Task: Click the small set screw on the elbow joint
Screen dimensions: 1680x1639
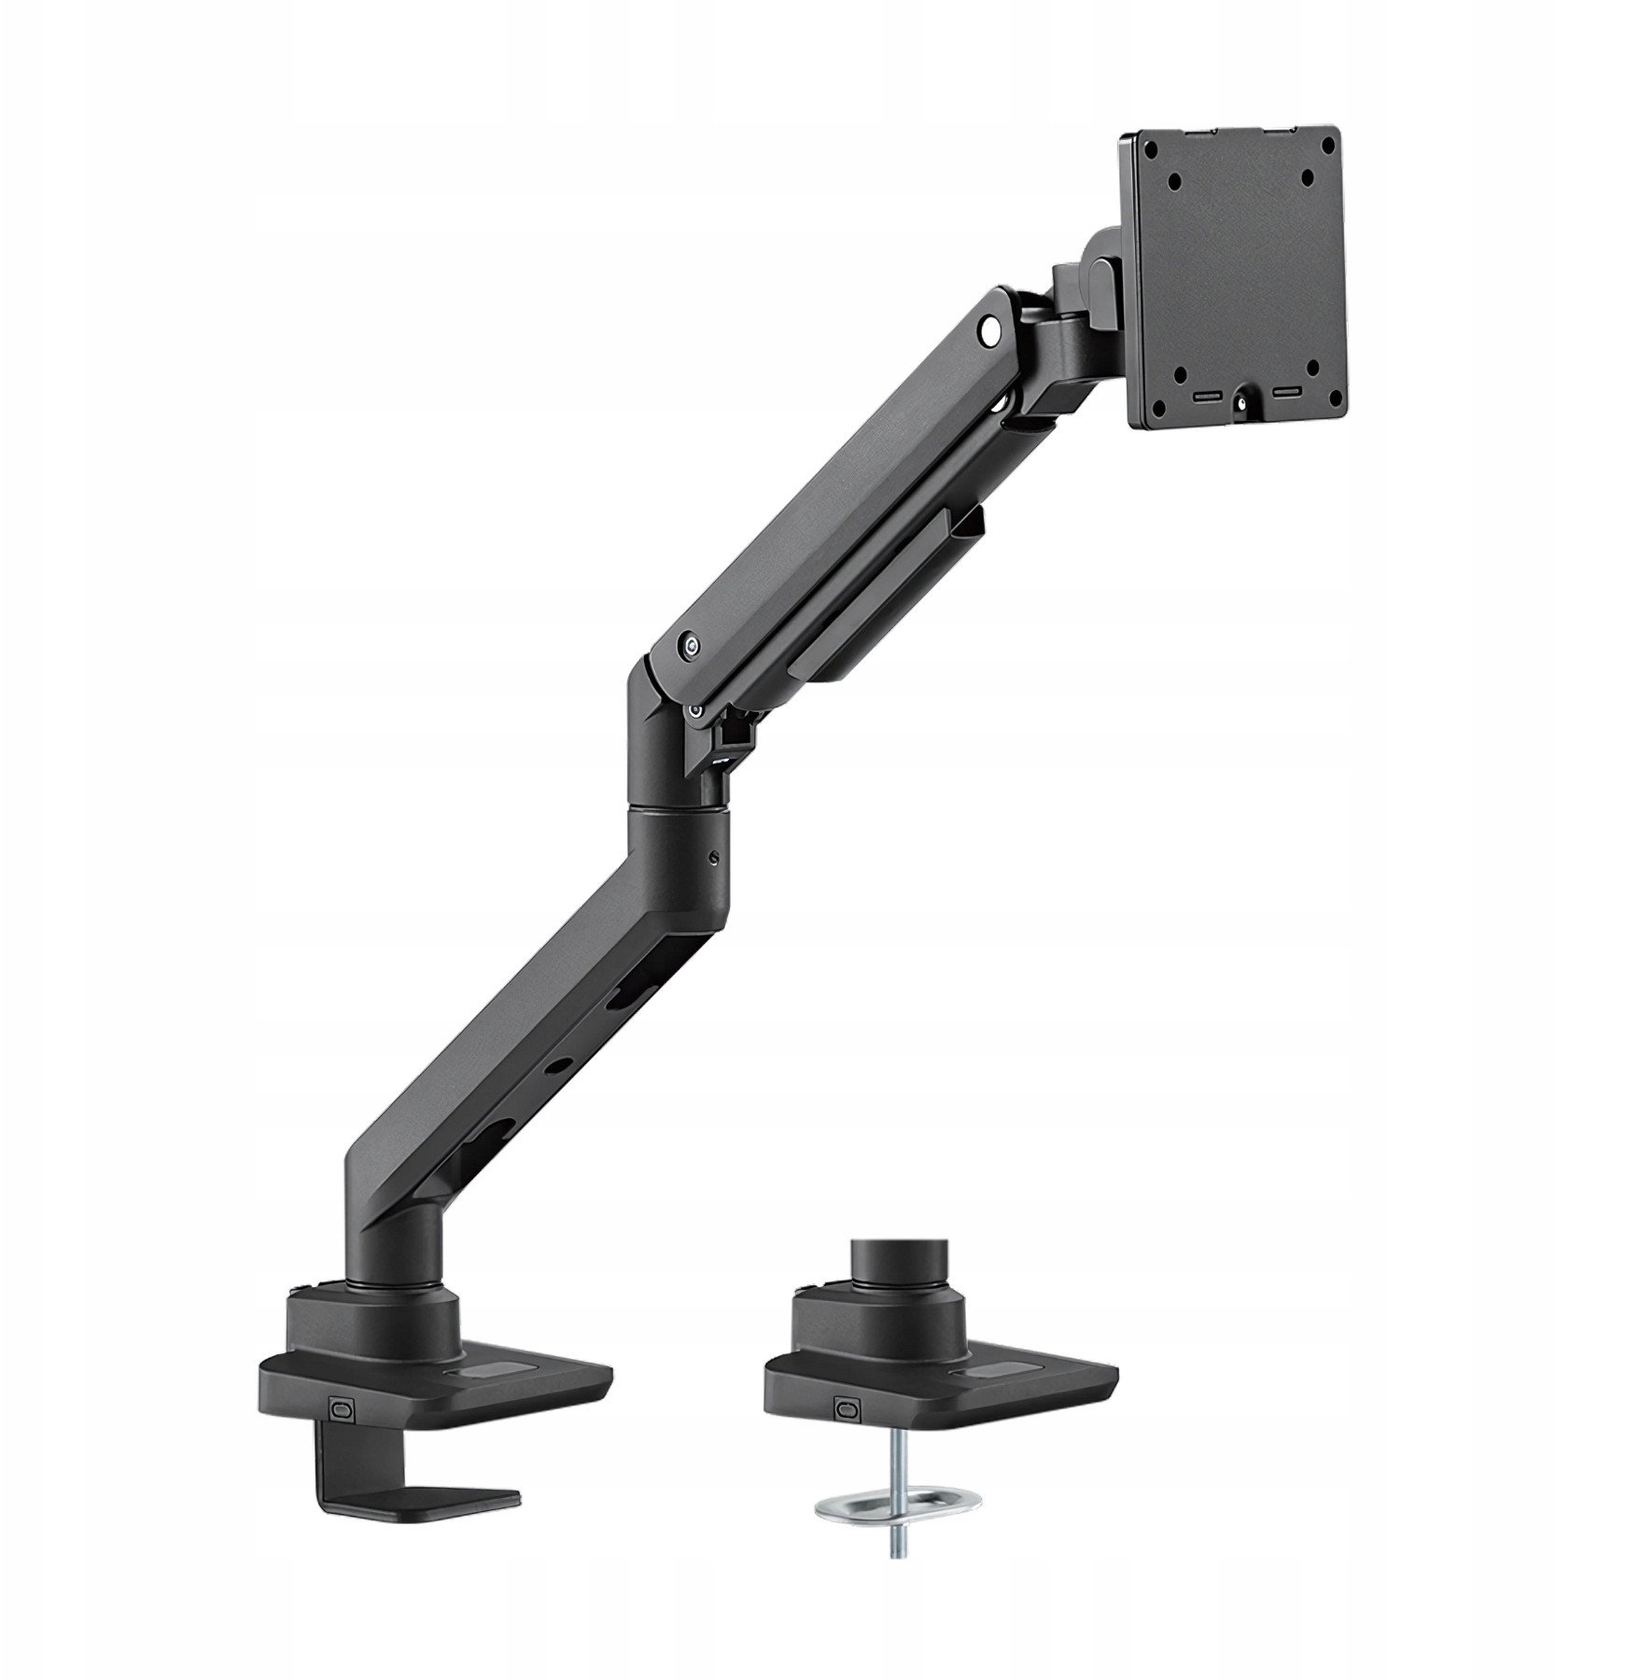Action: pyautogui.click(x=714, y=860)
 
